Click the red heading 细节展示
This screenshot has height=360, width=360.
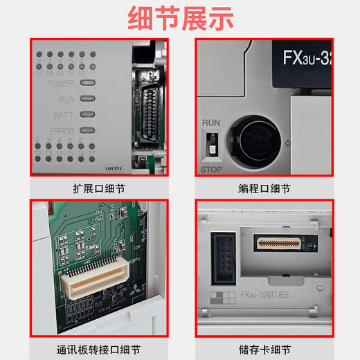[x=179, y=18]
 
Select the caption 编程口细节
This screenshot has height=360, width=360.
[x=264, y=188]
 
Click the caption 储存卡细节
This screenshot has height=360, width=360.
[x=264, y=349]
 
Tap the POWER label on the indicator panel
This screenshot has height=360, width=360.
[x=61, y=84]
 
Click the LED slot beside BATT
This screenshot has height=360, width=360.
[x=87, y=115]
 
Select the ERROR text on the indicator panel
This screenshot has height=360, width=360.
[x=61, y=130]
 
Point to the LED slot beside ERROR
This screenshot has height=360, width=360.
[x=87, y=130]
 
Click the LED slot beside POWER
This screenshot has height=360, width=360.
[x=87, y=84]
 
